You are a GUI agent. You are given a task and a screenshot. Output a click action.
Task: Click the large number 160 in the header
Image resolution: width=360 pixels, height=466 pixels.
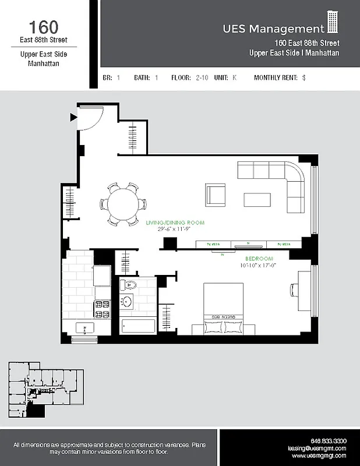coord(44,27)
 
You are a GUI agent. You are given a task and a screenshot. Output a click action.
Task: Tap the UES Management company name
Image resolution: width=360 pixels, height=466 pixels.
coord(273,29)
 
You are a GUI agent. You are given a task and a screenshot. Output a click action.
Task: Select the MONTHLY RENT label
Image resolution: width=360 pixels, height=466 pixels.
coord(276,77)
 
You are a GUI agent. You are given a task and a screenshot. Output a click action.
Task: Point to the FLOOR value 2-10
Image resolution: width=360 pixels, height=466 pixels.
coord(202,77)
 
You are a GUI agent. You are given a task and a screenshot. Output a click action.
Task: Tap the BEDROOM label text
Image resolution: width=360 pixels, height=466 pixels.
coord(259,259)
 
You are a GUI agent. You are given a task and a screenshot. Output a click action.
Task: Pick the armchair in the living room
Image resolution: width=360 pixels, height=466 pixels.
coord(216,193)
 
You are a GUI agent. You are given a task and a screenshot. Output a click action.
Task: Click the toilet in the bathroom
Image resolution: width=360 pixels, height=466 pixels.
coord(129,285)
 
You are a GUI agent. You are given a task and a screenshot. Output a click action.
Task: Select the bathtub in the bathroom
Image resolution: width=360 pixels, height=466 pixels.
coord(137,326)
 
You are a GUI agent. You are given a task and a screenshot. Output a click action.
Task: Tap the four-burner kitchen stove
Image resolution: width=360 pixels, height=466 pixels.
coord(102,309)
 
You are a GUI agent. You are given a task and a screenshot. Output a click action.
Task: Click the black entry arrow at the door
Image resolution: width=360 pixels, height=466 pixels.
coord(73,117)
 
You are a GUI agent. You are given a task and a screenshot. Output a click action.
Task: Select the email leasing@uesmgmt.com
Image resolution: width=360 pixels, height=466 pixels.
coord(317,449)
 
